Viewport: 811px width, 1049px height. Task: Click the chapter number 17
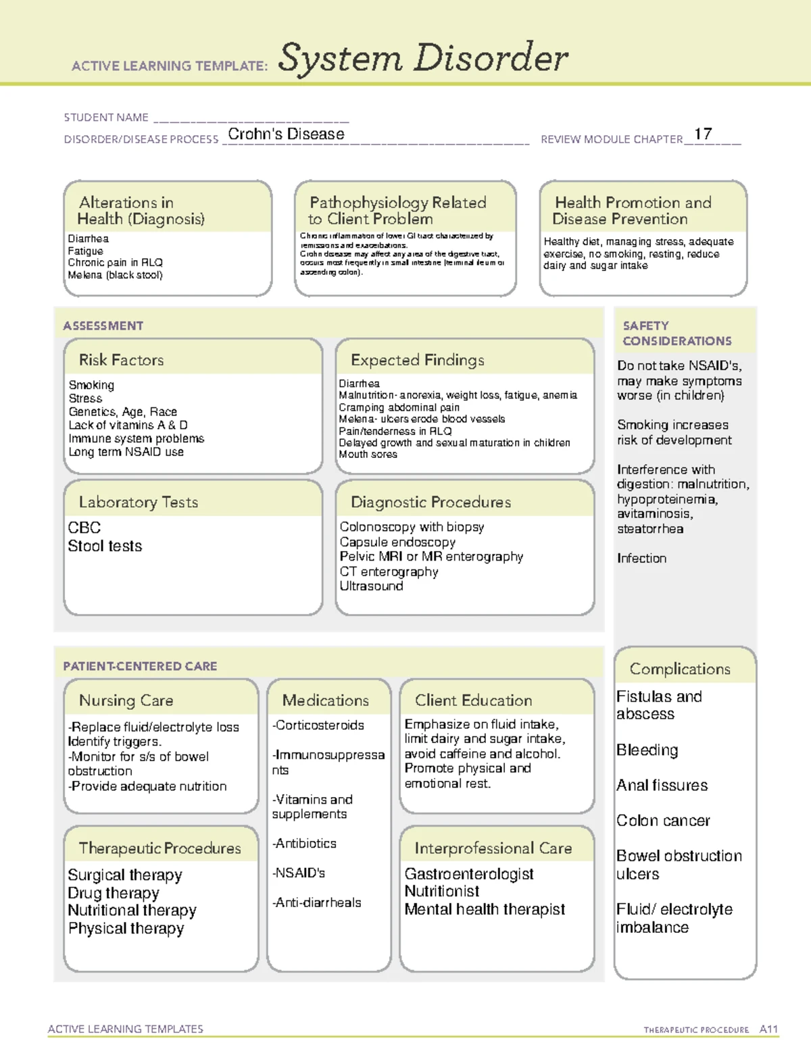coord(703,134)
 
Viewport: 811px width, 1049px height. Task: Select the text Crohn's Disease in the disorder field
coord(286,134)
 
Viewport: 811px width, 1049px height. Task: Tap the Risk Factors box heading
coord(121,360)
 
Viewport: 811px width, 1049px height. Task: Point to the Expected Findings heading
coord(417,360)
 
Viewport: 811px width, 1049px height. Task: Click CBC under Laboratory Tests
coord(84,528)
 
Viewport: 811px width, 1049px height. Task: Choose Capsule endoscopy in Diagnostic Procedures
coord(397,542)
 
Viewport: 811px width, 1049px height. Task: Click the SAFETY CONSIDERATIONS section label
coord(677,334)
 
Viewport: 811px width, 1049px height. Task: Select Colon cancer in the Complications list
coord(662,821)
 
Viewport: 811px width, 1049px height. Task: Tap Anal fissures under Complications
coord(662,786)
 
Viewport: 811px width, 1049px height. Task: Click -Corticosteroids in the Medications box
coord(318,725)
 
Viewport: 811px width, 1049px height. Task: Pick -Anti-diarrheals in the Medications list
coord(316,902)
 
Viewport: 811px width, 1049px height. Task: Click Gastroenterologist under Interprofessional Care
coord(468,874)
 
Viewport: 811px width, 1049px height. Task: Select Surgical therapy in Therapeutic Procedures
coord(124,875)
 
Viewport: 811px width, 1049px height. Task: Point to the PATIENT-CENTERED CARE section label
coord(140,666)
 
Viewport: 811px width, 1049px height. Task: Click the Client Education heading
coord(473,700)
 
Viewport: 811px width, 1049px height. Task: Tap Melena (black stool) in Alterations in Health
coord(115,275)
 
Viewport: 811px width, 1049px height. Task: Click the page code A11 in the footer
coord(768,1029)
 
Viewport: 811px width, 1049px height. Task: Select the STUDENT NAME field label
coord(106,118)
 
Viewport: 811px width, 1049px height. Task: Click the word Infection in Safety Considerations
coord(641,558)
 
